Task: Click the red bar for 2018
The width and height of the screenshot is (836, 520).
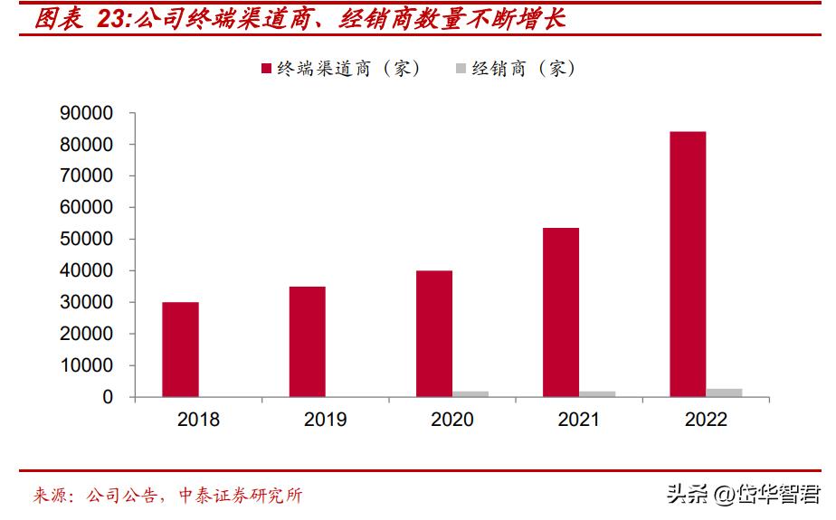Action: coord(180,349)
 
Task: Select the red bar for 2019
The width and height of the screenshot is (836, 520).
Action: coord(307,342)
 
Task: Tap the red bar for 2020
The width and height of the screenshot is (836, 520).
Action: coord(433,334)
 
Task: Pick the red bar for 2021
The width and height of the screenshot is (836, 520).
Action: coord(560,312)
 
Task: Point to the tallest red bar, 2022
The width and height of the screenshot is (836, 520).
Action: coord(687,264)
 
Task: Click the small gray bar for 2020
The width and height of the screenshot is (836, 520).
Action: coord(470,393)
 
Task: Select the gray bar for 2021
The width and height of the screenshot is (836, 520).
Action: coord(597,393)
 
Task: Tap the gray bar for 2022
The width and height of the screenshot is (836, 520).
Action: coord(724,392)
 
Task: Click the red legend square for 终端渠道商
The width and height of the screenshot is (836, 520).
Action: coord(267,69)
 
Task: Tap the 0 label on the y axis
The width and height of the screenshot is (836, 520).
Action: coord(108,397)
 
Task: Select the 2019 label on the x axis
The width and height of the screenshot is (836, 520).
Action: coord(325,421)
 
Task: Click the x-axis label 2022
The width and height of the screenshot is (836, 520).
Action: coord(706,421)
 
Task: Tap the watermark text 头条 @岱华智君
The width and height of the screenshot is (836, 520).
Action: coord(743,494)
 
